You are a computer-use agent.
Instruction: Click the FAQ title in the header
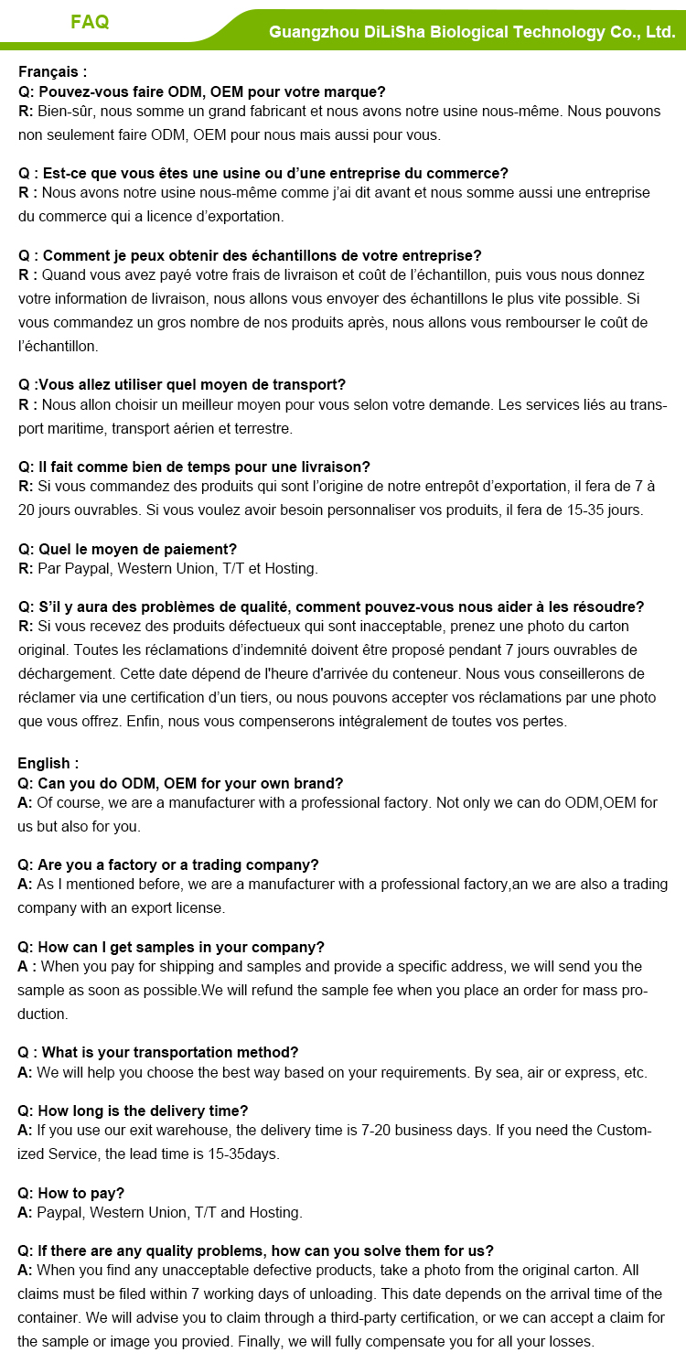click(90, 23)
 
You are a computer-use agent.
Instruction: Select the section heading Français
click(53, 71)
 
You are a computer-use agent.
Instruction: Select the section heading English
click(48, 763)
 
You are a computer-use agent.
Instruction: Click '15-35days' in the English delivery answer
click(246, 1154)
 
